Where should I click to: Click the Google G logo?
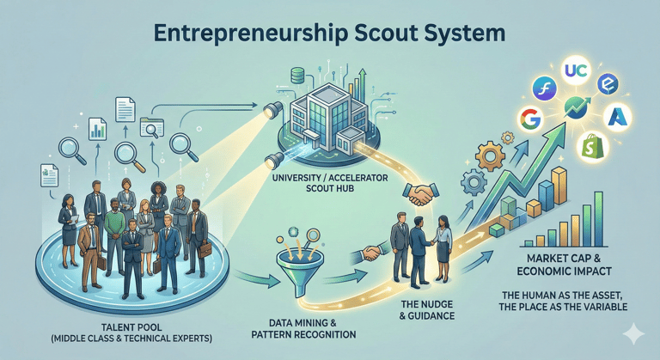pos(530,119)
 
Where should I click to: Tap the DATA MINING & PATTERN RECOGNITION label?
pos(297,327)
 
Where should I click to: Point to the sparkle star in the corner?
pos(635,333)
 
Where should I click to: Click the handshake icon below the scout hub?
pos(420,196)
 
